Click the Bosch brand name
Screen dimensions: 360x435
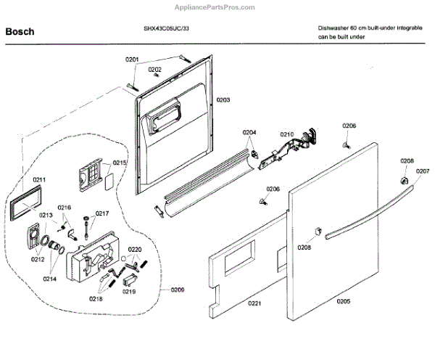coord(20,32)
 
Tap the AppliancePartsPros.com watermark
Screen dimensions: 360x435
coord(217,7)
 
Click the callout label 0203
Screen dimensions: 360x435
coord(223,99)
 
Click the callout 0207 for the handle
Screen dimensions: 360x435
coord(423,171)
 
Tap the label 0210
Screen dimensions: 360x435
coord(286,134)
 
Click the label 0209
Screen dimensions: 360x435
coord(178,290)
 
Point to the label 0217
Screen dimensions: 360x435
coord(101,213)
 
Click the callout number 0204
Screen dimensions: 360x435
coord(249,133)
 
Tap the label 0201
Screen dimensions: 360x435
coord(131,58)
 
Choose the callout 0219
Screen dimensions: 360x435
coord(129,291)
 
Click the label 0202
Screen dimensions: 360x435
coord(155,70)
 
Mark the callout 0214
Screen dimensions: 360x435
coord(50,279)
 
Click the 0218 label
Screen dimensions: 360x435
coord(96,299)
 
